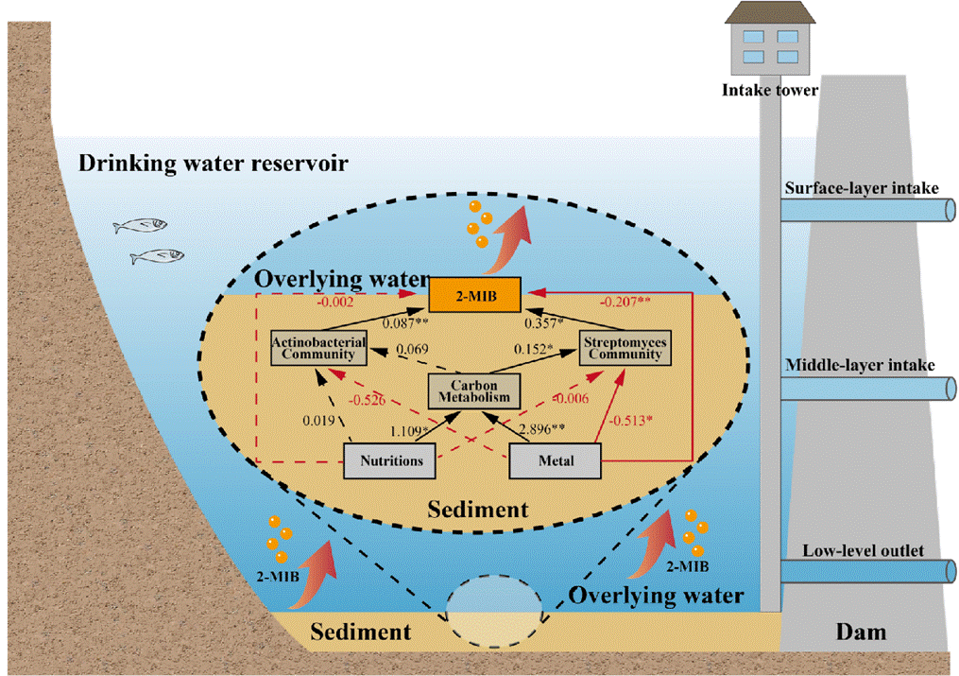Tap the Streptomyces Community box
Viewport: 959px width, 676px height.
tap(622, 347)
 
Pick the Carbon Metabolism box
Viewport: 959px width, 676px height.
tap(474, 390)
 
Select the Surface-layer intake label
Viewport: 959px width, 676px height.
tap(861, 188)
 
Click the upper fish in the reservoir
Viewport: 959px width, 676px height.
tap(140, 226)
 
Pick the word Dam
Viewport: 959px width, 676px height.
tap(862, 631)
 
